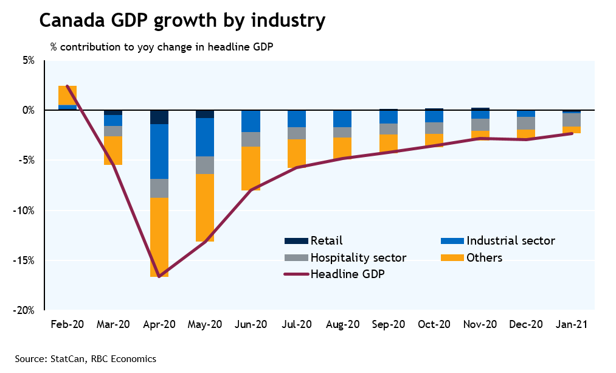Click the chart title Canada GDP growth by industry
pyautogui.click(x=182, y=21)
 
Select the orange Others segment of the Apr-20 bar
pyautogui.click(x=159, y=237)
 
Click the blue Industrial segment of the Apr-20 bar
pyautogui.click(x=159, y=152)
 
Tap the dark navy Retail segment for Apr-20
pyautogui.click(x=159, y=117)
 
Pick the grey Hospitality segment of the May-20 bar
pyautogui.click(x=204, y=165)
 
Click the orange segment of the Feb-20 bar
pyautogui.click(x=67, y=96)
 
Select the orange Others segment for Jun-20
pyautogui.click(x=251, y=169)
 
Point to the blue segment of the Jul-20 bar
pyautogui.click(x=296, y=119)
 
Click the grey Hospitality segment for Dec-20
pyautogui.click(x=525, y=123)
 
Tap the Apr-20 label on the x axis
pyautogui.click(x=159, y=324)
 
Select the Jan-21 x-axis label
pyautogui.click(x=571, y=324)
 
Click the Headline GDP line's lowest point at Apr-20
pyautogui.click(x=159, y=277)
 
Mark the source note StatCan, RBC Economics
pyautogui.click(x=86, y=359)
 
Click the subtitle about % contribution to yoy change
pyautogui.click(x=162, y=47)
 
